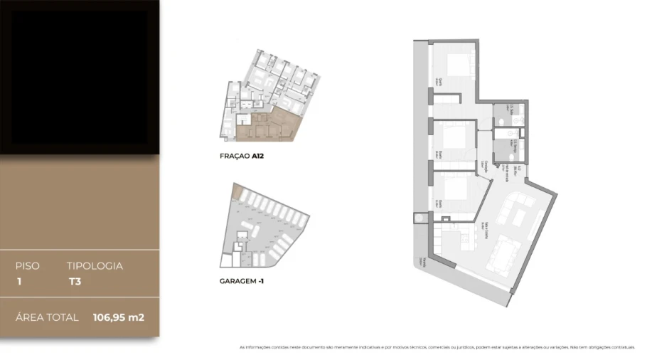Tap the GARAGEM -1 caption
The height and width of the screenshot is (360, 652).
click(x=242, y=281)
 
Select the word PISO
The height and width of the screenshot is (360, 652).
click(x=28, y=266)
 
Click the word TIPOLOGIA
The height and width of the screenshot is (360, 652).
click(x=95, y=266)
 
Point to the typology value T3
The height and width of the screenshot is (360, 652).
click(x=74, y=281)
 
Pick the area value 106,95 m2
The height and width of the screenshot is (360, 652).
click(x=118, y=317)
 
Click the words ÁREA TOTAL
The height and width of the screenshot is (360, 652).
click(x=47, y=317)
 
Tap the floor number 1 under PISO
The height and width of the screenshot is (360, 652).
click(x=19, y=281)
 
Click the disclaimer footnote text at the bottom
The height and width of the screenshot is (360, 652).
click(x=437, y=347)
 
